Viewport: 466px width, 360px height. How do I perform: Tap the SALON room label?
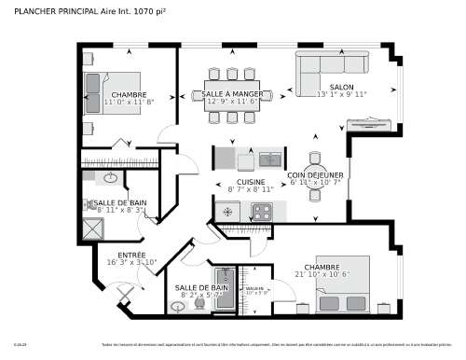tap(341, 87)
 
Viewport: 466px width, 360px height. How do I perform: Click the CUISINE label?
tap(251, 182)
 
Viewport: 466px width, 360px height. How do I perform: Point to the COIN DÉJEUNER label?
tap(315, 174)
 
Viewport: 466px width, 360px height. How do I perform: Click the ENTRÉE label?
tap(130, 255)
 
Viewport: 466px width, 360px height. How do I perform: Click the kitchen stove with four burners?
tap(262, 212)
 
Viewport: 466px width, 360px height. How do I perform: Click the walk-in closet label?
tap(254, 289)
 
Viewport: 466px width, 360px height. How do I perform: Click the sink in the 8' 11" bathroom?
tap(109, 177)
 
